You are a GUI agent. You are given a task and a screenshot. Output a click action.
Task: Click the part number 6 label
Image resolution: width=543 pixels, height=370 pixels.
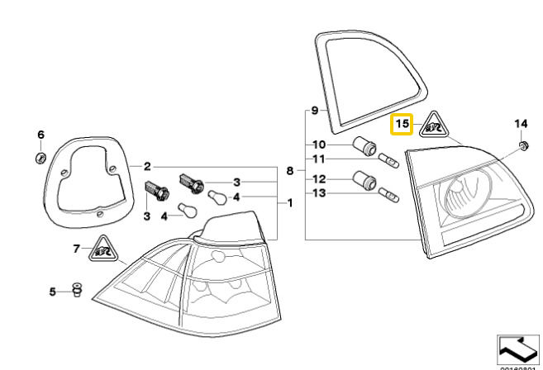pos(40,135)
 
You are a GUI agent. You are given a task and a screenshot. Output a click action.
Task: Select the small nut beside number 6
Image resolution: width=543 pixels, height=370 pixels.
pos(40,157)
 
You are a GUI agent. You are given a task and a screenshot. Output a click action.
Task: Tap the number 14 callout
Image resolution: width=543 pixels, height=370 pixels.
pos(521,124)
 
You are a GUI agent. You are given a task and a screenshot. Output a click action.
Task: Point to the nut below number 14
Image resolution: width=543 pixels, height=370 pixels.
pos(522,146)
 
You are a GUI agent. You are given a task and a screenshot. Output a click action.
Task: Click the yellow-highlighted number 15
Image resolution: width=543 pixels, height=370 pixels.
pos(402,125)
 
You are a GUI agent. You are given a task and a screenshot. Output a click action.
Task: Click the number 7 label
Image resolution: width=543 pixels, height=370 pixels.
pos(77,248)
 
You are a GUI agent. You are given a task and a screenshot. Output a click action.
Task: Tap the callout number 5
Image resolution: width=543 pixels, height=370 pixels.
pos(52,292)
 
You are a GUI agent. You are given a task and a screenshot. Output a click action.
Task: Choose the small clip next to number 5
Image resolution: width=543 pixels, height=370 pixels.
pos(78,290)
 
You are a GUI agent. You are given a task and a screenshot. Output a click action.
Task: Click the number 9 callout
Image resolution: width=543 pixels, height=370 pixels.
pos(314,110)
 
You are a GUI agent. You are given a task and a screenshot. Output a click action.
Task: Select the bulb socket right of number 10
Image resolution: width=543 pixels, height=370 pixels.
pos(364,147)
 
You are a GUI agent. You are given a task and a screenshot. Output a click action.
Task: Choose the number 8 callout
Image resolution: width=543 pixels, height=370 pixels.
pos(289,171)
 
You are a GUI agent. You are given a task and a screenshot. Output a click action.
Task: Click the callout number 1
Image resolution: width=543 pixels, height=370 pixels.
pos(289,202)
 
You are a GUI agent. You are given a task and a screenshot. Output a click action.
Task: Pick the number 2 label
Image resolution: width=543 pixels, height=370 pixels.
pos(147,165)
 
